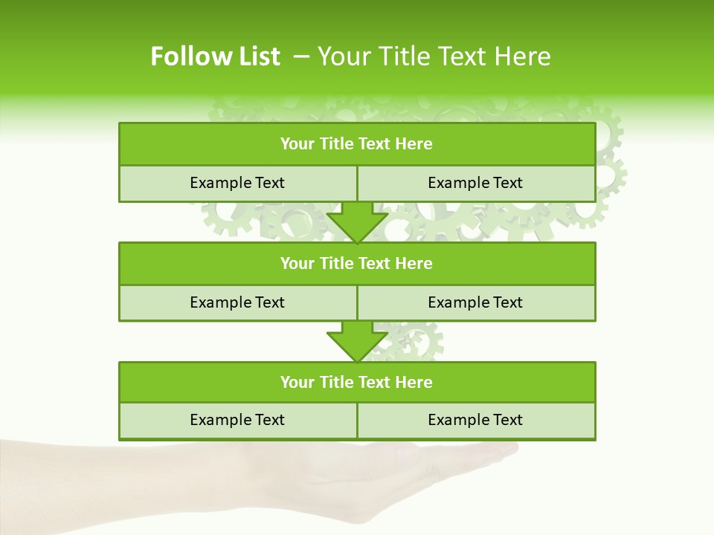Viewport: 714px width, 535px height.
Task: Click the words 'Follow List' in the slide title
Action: point(215,56)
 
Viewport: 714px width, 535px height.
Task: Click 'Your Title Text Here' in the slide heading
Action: point(434,56)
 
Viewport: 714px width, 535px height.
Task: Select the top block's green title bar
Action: point(357,144)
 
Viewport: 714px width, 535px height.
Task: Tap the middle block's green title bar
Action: point(357,263)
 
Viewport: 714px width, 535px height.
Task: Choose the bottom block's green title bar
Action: point(357,382)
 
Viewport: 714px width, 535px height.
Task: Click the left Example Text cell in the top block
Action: point(238,183)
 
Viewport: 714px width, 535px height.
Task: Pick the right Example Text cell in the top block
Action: point(476,183)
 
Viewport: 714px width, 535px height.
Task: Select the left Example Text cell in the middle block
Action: point(238,302)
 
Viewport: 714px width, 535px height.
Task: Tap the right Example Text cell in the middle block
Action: point(476,302)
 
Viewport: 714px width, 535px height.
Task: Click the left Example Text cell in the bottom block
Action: point(238,420)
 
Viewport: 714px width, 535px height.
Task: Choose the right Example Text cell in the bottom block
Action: point(476,420)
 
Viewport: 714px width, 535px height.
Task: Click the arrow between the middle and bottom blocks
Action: point(357,342)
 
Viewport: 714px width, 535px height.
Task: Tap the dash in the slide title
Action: point(301,56)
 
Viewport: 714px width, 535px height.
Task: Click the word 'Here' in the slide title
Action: point(525,56)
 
